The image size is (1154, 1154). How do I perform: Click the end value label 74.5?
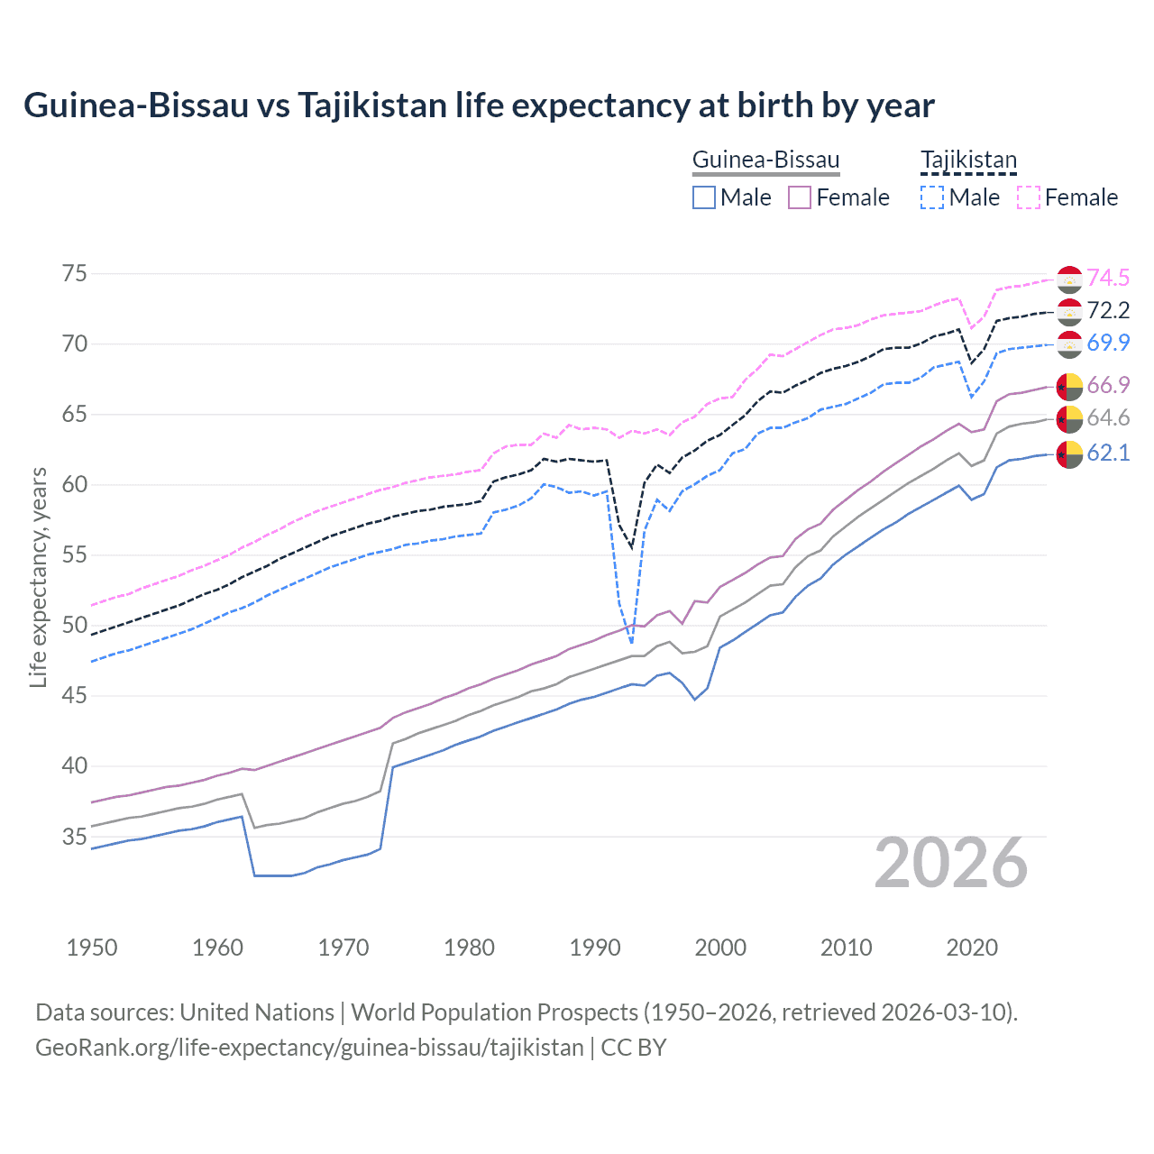pos(1108,278)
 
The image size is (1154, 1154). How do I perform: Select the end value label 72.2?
pos(1108,310)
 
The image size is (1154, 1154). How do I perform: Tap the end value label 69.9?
pos(1108,343)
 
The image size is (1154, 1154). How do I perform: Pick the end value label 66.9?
pos(1108,385)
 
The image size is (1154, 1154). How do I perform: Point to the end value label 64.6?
pos(1108,417)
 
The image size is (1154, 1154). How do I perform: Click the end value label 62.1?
pos(1108,453)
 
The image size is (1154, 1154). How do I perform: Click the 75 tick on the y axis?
pos(74,274)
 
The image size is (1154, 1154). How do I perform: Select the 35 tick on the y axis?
pos(74,837)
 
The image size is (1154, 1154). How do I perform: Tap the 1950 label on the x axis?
pos(92,948)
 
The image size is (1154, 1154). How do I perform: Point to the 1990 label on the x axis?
pos(595,948)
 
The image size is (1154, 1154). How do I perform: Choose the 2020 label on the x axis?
pos(972,948)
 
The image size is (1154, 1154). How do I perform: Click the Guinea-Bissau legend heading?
pos(765,160)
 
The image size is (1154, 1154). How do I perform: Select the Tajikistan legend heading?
pos(968,160)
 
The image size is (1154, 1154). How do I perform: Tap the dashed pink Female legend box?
pos(1029,197)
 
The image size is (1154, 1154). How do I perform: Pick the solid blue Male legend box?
pos(704,197)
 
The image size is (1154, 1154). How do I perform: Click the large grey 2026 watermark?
pos(951,864)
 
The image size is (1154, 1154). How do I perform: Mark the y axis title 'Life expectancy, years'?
pos(38,577)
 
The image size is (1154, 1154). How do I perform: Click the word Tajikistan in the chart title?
pos(371,105)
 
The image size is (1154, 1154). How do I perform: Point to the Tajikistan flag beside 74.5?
pos(1069,279)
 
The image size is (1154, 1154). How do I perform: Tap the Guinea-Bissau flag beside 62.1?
pos(1069,454)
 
